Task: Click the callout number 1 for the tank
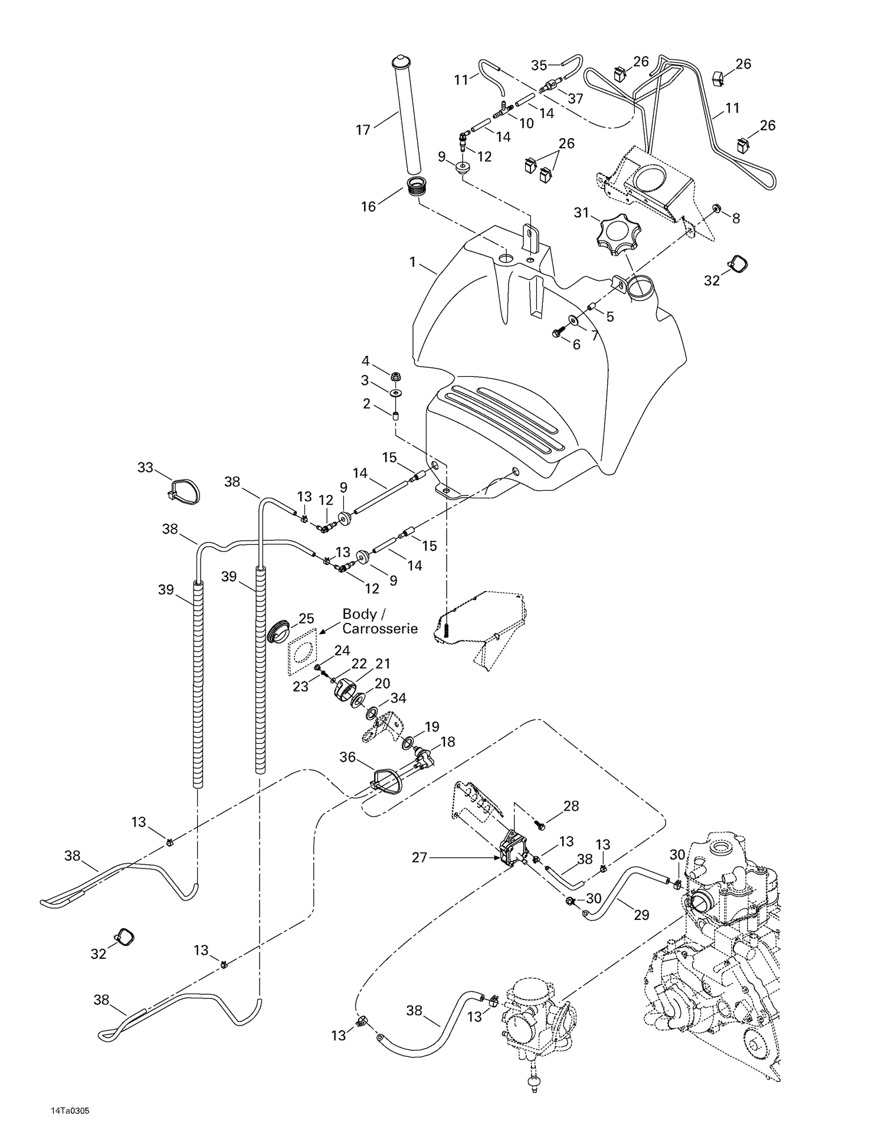click(413, 261)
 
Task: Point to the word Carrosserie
click(380, 628)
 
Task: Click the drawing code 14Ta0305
click(70, 1111)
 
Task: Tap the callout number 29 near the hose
click(641, 915)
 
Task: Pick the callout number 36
click(348, 756)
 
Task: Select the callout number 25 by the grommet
click(306, 618)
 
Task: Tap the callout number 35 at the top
click(539, 65)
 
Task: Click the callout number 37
click(575, 99)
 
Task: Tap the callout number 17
click(363, 130)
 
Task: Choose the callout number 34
click(398, 698)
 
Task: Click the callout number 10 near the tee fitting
click(526, 123)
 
